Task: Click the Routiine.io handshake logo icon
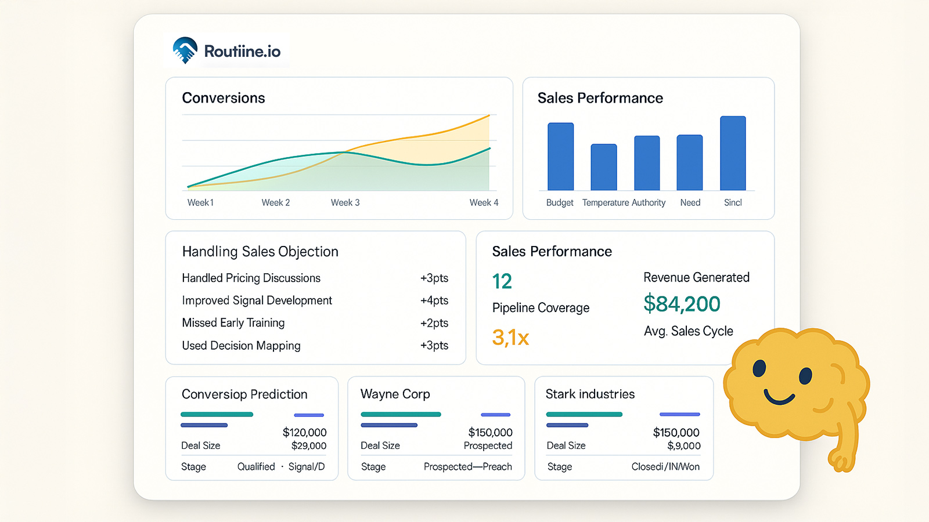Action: tap(185, 50)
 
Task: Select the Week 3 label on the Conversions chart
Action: tap(345, 202)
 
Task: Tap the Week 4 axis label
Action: tap(484, 202)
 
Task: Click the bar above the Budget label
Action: tap(560, 157)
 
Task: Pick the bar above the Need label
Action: tap(689, 162)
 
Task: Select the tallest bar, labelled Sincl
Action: tap(733, 153)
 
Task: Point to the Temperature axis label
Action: tap(606, 202)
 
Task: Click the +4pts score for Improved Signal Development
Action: tap(434, 300)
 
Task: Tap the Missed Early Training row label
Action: tap(233, 322)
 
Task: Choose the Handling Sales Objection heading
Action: tap(260, 252)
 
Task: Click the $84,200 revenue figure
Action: tap(682, 304)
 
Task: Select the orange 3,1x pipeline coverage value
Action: tap(510, 338)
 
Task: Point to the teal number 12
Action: tap(502, 281)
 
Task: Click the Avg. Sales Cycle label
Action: tap(688, 331)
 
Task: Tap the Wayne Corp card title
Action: tap(395, 394)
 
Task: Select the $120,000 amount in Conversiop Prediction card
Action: tap(304, 433)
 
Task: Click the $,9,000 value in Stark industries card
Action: tap(683, 446)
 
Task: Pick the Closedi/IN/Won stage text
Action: tap(665, 467)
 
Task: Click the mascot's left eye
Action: tap(759, 368)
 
